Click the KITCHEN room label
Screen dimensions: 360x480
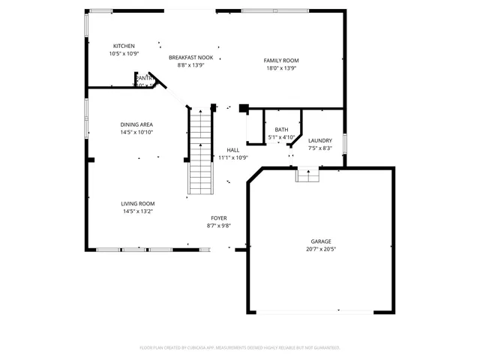(124, 46)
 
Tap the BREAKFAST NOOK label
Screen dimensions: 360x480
(190, 58)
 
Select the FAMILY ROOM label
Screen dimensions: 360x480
(281, 61)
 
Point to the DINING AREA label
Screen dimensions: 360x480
(137, 124)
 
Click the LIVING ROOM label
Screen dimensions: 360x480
(138, 203)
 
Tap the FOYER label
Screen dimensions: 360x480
(218, 218)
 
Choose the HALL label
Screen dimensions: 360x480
(232, 150)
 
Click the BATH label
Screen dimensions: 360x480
(281, 130)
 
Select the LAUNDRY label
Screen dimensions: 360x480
(320, 140)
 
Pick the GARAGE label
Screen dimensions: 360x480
(321, 241)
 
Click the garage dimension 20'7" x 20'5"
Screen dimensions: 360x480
(321, 249)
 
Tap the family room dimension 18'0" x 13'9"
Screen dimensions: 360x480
(281, 68)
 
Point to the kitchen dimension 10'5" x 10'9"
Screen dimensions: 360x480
(124, 54)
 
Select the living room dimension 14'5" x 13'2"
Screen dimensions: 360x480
(138, 211)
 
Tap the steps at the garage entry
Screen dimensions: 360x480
(307, 175)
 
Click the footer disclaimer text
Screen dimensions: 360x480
(240, 347)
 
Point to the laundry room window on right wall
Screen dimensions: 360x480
(345, 142)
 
